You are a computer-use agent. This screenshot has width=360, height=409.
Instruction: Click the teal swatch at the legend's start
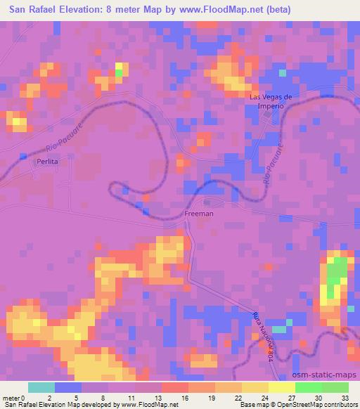[x=41, y=387]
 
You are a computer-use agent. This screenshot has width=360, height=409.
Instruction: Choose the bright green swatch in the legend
[x=309, y=387]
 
